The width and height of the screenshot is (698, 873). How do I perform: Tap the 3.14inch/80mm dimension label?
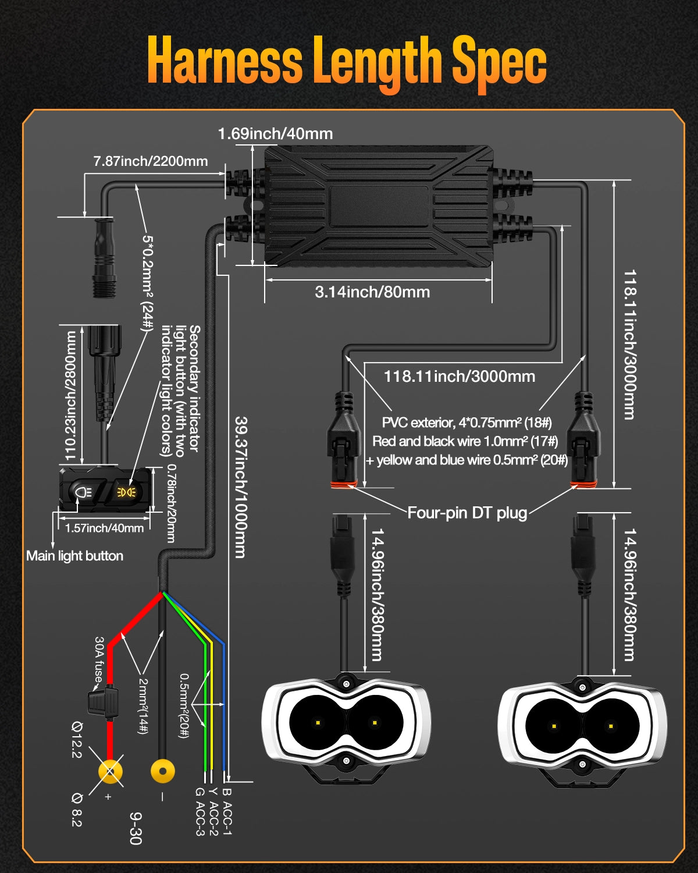coord(372,292)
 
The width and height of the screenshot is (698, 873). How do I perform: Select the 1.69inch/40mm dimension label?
coord(275,134)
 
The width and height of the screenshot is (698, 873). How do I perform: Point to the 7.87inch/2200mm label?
coord(151,161)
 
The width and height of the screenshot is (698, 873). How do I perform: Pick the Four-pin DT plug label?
coord(467,513)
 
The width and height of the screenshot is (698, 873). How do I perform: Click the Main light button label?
coord(74,556)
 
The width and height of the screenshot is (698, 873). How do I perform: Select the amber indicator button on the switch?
coord(127,492)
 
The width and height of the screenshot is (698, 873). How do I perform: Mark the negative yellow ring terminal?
coord(163,772)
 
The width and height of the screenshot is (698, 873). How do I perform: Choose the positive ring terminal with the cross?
coord(110,772)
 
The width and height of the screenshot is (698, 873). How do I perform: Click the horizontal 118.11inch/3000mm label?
coord(459,377)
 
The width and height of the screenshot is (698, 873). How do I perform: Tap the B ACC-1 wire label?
coord(227,811)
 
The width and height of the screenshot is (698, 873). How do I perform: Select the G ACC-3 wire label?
coord(200,811)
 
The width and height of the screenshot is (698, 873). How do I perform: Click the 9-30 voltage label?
coord(136,828)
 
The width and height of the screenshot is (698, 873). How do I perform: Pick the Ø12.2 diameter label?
coord(77,739)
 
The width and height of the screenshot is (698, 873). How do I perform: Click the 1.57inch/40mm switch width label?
coord(104,528)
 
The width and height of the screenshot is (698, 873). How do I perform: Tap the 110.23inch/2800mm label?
coord(71,396)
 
